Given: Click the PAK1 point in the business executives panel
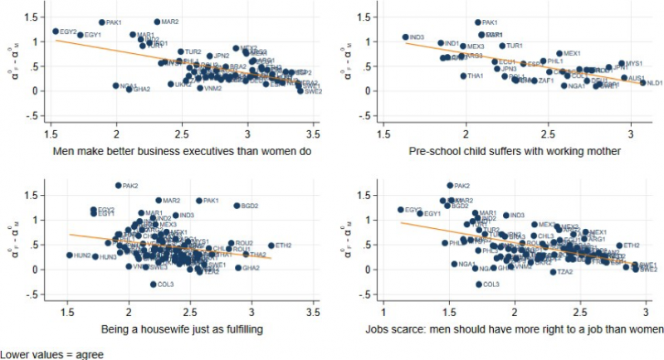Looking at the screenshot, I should (102, 22).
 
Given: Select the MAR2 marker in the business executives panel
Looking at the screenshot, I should (157, 22).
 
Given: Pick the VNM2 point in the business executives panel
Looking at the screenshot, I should (200, 88).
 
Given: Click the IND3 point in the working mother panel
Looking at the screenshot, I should (406, 36).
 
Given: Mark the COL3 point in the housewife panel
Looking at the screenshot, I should (154, 284).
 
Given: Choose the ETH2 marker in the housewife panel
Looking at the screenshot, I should (271, 246).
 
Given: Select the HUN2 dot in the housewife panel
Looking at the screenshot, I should (70, 255).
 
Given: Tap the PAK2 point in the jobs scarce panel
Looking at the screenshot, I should (450, 186).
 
